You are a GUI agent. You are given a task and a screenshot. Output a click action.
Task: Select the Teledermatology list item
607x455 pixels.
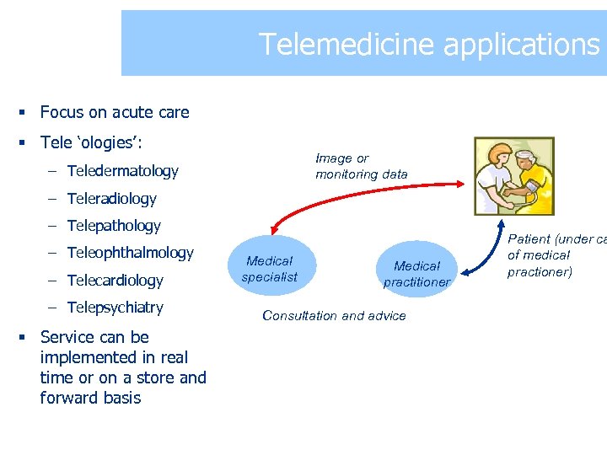click(122, 171)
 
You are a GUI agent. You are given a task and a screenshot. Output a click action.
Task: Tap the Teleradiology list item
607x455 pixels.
click(111, 199)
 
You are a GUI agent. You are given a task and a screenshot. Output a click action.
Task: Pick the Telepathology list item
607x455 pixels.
click(113, 226)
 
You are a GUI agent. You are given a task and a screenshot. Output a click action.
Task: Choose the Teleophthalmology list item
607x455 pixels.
click(130, 253)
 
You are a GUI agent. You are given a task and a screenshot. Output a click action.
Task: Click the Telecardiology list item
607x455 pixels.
click(115, 281)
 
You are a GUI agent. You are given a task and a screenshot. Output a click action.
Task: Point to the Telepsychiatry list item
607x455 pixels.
click(115, 308)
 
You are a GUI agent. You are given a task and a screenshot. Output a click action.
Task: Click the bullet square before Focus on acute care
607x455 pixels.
click(26, 113)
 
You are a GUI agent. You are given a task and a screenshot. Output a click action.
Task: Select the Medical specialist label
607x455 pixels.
click(269, 269)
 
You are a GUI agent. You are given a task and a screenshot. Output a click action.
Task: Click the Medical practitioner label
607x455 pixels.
click(416, 274)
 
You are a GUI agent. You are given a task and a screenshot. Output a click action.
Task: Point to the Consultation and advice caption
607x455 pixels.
click(334, 316)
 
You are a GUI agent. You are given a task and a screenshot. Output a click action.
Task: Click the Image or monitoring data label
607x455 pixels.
click(361, 166)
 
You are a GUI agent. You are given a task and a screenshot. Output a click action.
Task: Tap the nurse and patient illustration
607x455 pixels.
click(513, 176)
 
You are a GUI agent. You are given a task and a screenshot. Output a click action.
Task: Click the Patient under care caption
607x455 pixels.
click(552, 255)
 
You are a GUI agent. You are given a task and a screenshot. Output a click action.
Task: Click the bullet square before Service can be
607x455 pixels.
click(26, 338)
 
